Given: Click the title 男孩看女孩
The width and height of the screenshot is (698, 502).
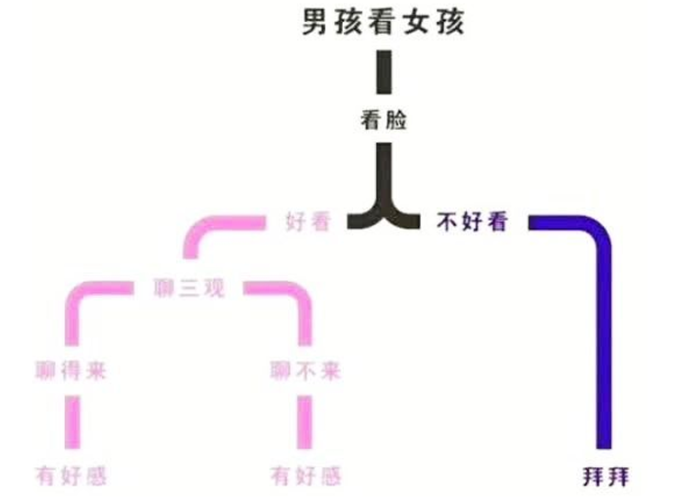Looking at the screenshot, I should pos(383,22).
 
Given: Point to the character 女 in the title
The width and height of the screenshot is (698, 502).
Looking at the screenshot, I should pos(417,22).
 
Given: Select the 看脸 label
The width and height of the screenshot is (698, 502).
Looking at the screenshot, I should pos(383,120).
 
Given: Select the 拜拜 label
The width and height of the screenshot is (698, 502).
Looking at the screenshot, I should pos(606,475).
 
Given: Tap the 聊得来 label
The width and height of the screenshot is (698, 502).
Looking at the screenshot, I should pos(68,371).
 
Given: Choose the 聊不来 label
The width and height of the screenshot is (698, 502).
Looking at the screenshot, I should pos(305,371).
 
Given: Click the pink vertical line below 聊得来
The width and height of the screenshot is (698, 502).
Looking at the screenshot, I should pos(70,423).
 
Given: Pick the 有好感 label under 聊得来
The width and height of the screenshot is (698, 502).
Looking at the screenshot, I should pos(70,475).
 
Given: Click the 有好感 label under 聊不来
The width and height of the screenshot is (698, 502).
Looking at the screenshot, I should pos(305,475).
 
